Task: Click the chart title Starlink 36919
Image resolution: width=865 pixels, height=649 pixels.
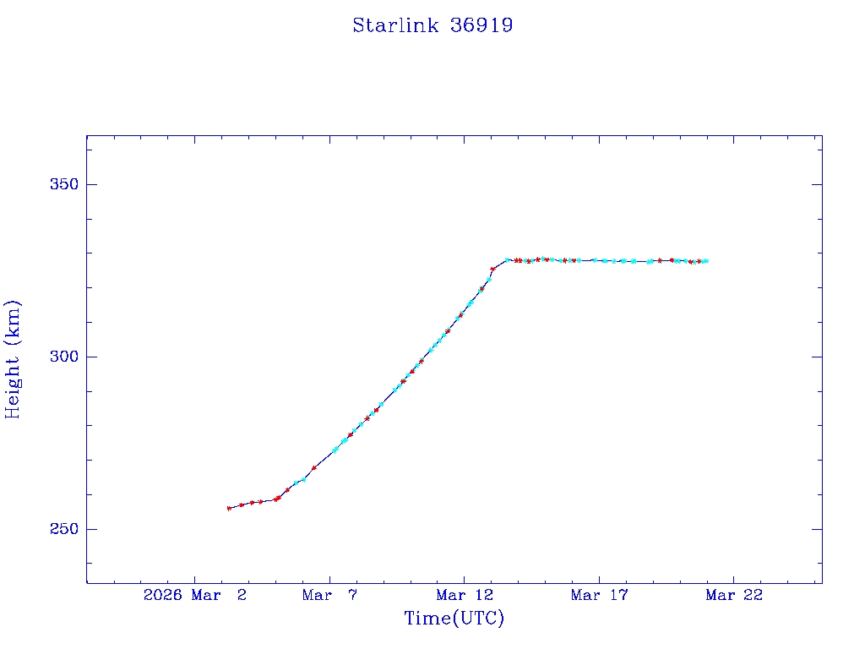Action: pos(432,25)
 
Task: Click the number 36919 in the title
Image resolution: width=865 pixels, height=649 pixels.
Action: pos(481,25)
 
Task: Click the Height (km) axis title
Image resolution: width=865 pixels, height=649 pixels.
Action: pos(14,358)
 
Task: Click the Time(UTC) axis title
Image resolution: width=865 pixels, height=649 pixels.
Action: pos(454,619)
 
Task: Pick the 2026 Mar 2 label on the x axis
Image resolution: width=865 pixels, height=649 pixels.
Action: pos(195,595)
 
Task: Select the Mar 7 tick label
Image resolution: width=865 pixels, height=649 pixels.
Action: pos(329,595)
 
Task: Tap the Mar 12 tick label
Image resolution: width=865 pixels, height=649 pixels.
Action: pos(464,595)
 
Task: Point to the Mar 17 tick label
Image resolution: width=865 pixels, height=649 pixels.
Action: pos(599,595)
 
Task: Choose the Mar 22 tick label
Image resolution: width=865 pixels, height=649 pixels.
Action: pos(733,595)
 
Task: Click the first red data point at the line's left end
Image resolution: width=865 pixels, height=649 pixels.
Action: pos(229,508)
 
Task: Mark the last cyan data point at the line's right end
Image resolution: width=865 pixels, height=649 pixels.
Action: pos(706,261)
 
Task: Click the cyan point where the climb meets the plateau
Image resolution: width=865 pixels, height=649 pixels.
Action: pos(507,260)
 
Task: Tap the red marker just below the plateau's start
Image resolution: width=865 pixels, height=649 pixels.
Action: pos(492,270)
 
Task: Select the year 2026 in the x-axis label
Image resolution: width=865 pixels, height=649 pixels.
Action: pos(161,595)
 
